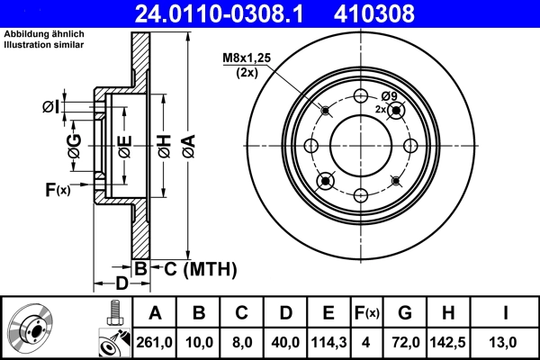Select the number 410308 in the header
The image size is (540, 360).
402,13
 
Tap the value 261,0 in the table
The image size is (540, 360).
155,341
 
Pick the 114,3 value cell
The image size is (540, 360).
328,341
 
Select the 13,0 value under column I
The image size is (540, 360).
507,341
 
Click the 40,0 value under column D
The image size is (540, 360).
284,341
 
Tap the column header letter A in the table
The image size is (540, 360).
155,313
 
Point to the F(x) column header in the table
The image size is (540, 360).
369,313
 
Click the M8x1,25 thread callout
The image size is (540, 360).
245,60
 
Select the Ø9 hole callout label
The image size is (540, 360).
389,96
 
